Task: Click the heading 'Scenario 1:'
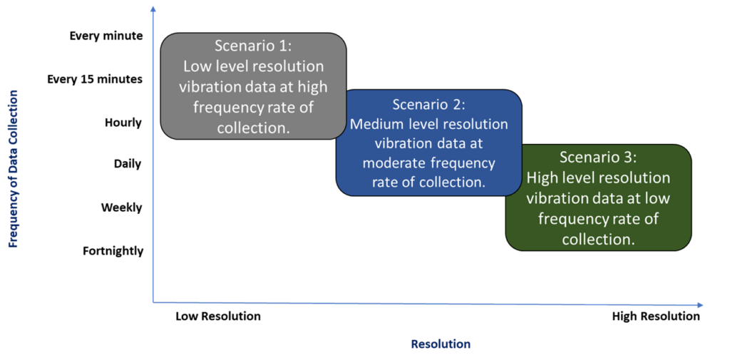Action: pyautogui.click(x=253, y=46)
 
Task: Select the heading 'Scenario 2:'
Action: pyautogui.click(x=428, y=105)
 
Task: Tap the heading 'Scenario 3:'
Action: pyautogui.click(x=597, y=158)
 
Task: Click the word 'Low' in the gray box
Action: pyautogui.click(x=195, y=66)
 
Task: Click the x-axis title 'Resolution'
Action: pyautogui.click(x=441, y=344)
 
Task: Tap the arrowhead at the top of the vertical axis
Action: pyautogui.click(x=153, y=9)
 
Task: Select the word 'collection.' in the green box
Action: pyautogui.click(x=597, y=240)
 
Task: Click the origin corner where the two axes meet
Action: pyautogui.click(x=153, y=302)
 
